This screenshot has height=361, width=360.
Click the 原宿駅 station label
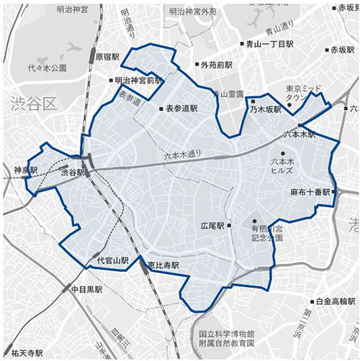click(x=106, y=56)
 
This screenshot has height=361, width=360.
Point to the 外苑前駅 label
click(x=217, y=65)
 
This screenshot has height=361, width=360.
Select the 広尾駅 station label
click(x=212, y=226)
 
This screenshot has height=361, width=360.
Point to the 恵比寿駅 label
click(x=163, y=265)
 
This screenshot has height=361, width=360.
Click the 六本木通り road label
click(x=184, y=153)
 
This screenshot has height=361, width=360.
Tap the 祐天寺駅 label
click(x=22, y=355)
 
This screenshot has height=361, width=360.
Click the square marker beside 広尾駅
click(x=229, y=226)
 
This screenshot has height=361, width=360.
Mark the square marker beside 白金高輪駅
click(x=312, y=302)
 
